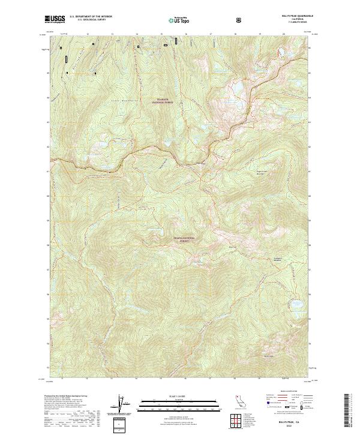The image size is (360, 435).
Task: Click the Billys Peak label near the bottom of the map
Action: (x=271, y=356)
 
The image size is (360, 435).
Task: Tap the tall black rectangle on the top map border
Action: (x=176, y=41)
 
